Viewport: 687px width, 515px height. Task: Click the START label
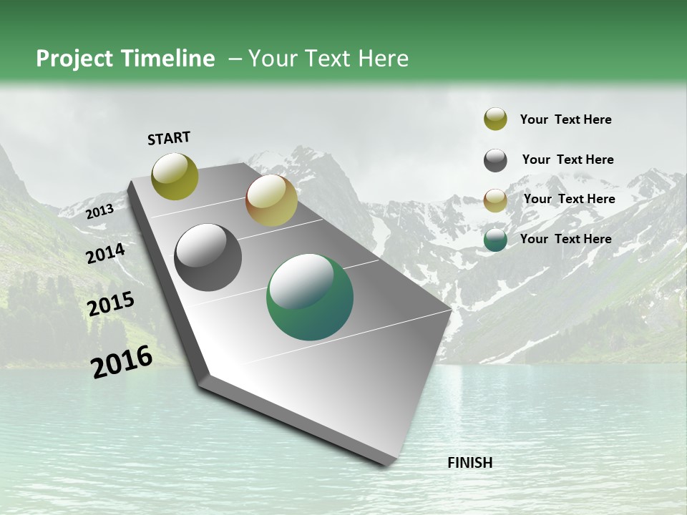click(x=169, y=138)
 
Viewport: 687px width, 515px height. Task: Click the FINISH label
click(x=469, y=463)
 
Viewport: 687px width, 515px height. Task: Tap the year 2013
click(x=99, y=211)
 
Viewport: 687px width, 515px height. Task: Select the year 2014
click(x=105, y=253)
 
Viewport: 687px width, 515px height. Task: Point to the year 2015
click(x=110, y=304)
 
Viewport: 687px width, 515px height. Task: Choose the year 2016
click(x=122, y=362)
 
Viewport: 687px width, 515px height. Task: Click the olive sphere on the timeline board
click(x=175, y=176)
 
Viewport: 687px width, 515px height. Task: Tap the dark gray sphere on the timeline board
click(x=208, y=257)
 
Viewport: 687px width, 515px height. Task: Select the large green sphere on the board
click(x=310, y=297)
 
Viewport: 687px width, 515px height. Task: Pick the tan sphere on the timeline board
click(x=271, y=200)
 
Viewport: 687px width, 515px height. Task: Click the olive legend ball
click(x=495, y=119)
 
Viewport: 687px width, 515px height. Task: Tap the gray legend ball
click(x=495, y=160)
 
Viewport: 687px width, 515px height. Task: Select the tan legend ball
click(x=495, y=200)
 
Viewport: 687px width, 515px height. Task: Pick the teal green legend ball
click(x=495, y=240)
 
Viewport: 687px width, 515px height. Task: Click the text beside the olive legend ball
click(x=565, y=119)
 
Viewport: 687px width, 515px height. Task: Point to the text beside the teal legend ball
click(x=565, y=239)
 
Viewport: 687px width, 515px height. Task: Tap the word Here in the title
click(x=383, y=59)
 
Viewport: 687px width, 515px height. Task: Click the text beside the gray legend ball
click(x=567, y=160)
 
